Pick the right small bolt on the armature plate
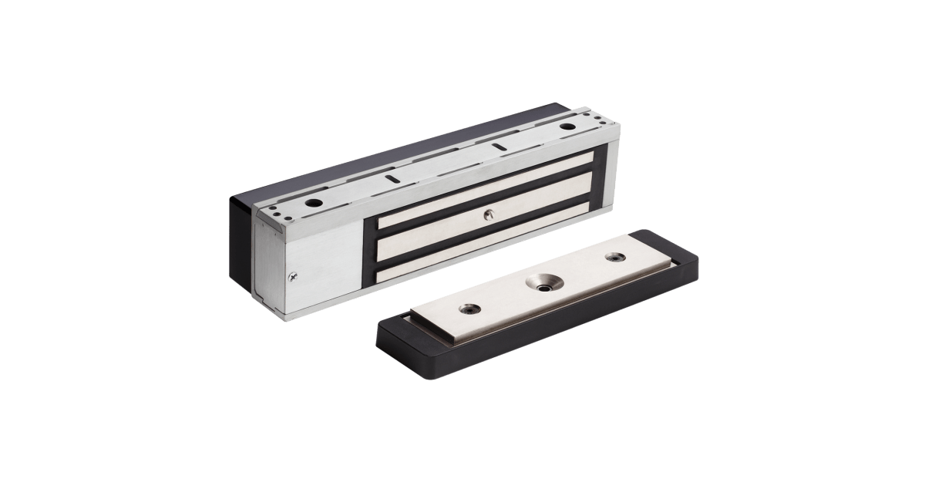coord(615,257)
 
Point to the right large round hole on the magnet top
coord(568,126)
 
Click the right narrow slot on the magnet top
coord(499,147)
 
